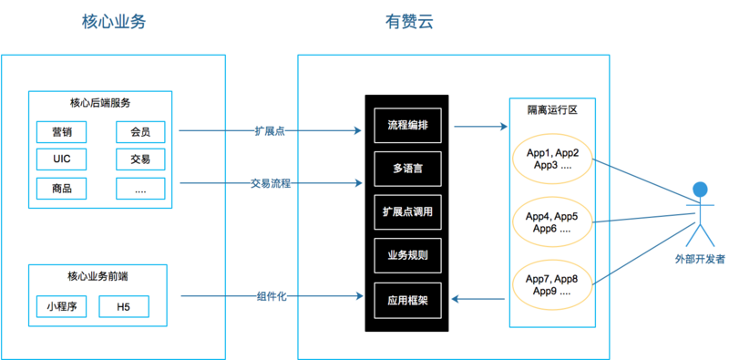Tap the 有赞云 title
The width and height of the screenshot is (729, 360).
point(409,23)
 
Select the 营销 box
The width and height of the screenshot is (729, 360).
point(61,133)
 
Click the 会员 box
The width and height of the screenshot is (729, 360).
point(140,133)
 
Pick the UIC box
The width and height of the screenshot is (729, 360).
point(61,160)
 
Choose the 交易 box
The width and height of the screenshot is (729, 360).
point(140,160)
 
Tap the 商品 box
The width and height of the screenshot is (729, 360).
point(61,189)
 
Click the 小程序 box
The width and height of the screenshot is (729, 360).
point(61,307)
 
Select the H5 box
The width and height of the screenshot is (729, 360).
point(123,307)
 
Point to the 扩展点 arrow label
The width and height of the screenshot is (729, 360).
point(270,131)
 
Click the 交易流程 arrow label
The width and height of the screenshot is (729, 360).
point(271,183)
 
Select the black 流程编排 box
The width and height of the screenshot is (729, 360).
point(407,125)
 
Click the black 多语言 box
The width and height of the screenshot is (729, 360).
point(407,169)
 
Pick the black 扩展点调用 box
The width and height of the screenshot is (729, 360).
point(407,212)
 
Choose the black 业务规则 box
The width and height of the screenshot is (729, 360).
point(407,256)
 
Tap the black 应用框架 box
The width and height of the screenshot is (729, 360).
point(407,299)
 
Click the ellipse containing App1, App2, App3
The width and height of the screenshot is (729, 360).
point(552,159)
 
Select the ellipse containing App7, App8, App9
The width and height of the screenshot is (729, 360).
point(552,285)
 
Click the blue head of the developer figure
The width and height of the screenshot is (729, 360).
point(699,190)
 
